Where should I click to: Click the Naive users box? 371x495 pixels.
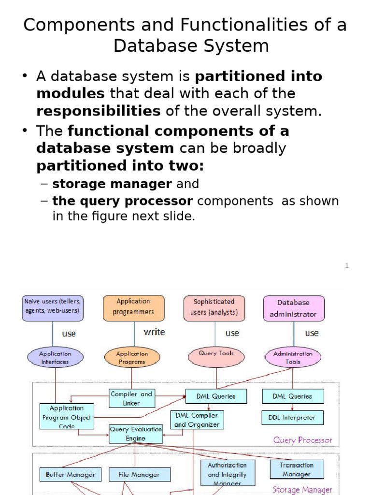(53, 308)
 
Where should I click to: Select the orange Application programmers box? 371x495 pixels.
(133, 308)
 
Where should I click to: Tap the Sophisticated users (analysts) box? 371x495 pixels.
(214, 308)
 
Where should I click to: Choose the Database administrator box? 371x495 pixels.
(293, 308)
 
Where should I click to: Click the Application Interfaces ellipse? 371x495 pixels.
(55, 358)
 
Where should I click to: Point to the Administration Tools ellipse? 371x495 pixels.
(293, 358)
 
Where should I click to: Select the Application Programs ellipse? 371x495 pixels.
(132, 358)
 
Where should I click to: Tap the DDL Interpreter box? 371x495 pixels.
(292, 417)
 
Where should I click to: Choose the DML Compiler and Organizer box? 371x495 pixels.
(197, 420)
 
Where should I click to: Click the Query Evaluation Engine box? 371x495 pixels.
(135, 434)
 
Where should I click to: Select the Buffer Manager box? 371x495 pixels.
(71, 474)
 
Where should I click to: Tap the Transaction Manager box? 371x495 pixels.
(297, 469)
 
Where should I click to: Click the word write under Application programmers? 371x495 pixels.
(154, 332)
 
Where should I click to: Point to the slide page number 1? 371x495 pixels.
(346, 265)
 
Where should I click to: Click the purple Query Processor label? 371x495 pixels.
(302, 440)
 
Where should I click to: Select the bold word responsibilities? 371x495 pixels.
(99, 111)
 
